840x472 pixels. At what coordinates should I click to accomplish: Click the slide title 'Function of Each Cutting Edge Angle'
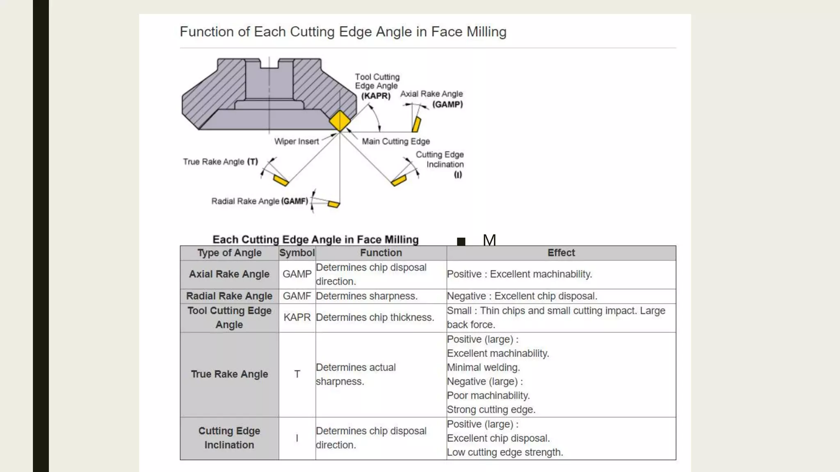(343, 32)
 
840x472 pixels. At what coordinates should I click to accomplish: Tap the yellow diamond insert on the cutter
(340, 121)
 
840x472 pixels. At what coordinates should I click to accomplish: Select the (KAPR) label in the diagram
(376, 96)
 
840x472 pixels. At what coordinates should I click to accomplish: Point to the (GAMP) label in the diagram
(447, 104)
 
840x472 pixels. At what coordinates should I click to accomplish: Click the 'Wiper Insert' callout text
(296, 141)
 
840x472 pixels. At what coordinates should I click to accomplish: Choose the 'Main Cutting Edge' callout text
(396, 141)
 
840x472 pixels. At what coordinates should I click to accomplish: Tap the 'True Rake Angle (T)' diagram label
(220, 162)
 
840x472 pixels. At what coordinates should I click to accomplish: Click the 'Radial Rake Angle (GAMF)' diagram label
(260, 201)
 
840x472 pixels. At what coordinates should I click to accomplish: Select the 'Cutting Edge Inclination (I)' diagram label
(440, 164)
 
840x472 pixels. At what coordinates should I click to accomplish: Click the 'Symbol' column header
(297, 253)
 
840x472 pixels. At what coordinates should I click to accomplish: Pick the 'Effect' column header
(561, 253)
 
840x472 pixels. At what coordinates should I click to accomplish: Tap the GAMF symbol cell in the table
(297, 296)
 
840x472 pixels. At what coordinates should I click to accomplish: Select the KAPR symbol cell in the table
(297, 318)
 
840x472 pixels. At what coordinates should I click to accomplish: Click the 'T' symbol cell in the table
(297, 374)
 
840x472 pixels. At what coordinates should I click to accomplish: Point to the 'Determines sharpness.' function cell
(367, 296)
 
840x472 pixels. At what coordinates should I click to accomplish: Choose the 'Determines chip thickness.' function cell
(375, 318)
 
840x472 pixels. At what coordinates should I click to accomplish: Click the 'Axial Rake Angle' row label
(229, 274)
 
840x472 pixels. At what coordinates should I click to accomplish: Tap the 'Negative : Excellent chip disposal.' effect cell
(522, 296)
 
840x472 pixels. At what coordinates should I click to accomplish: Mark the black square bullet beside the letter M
(461, 241)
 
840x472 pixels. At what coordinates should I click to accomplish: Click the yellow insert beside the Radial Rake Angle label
(333, 204)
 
